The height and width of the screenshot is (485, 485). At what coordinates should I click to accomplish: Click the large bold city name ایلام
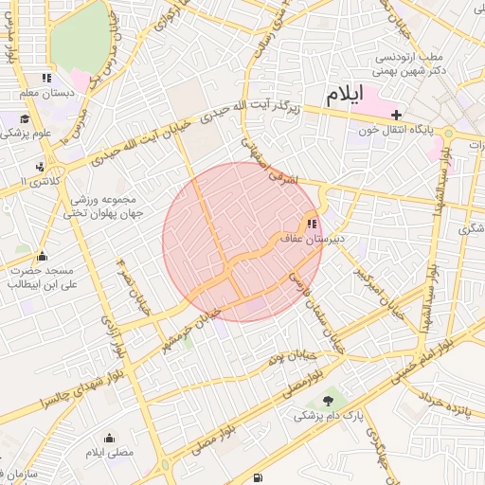click(347, 96)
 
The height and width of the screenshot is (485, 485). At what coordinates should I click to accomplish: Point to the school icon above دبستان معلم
click(45, 79)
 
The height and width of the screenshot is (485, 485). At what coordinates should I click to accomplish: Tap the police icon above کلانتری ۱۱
click(40, 166)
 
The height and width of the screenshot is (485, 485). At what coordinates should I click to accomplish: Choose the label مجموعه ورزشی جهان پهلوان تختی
click(100, 207)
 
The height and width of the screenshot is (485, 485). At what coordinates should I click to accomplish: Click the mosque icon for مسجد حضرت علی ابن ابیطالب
click(42, 256)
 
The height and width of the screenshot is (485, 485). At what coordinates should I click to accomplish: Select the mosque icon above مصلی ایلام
click(110, 438)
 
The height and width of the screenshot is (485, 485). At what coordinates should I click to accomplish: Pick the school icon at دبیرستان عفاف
click(311, 225)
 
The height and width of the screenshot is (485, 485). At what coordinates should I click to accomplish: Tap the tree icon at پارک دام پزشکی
click(328, 401)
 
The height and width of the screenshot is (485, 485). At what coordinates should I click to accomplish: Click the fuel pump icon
click(259, 477)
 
